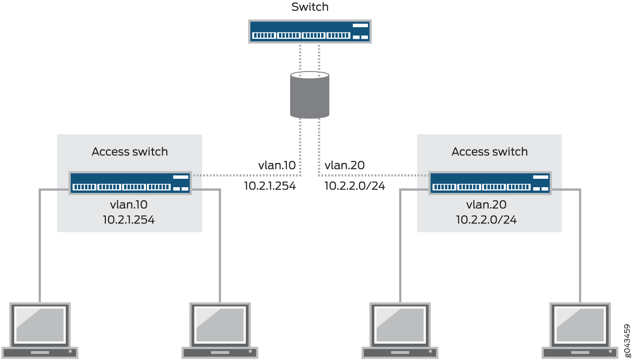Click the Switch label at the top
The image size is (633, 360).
point(310,7)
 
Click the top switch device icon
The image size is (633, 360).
point(310,31)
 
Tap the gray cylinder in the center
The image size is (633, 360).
point(309,95)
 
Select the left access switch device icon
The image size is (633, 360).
point(130,183)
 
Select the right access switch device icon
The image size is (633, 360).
point(490,183)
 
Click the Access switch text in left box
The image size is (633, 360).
point(130,152)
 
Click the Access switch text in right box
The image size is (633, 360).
point(490,152)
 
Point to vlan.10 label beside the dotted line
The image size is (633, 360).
point(277,165)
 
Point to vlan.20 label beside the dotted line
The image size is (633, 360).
point(345,165)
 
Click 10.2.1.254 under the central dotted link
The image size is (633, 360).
point(270,186)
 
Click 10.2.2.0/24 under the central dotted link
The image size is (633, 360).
point(354,186)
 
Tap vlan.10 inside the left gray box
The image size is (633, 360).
point(129,204)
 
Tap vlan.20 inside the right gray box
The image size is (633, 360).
point(486,204)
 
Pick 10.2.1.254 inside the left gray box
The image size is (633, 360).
point(129,220)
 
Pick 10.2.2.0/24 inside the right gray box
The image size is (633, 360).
point(486,220)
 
